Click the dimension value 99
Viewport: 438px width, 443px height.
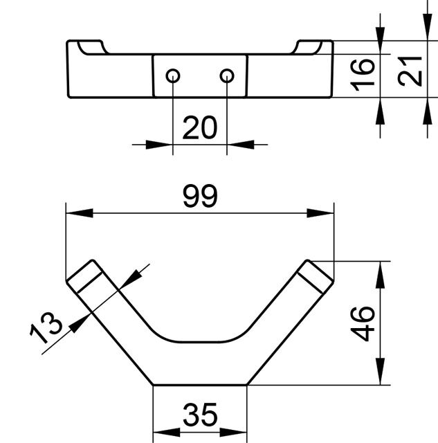[200, 196]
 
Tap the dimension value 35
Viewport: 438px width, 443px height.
[200, 415]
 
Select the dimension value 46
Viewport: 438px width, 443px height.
[363, 324]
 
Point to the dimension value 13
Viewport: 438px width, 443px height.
[46, 327]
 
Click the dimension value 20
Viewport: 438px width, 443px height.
[200, 127]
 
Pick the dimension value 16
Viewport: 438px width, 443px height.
[363, 75]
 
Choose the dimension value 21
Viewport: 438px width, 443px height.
[410, 71]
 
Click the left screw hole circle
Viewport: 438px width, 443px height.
[173, 75]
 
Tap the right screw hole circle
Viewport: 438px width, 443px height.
[227, 75]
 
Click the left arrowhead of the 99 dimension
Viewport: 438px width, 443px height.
[80, 213]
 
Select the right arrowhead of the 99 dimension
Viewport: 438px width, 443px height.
[320, 213]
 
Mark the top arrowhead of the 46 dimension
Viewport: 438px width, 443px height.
[381, 275]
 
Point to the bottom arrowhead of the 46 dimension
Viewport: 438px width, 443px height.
[381, 371]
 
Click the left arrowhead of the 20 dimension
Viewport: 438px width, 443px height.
[159, 145]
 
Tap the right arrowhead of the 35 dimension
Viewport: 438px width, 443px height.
[233, 432]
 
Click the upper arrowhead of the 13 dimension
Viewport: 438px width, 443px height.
[131, 279]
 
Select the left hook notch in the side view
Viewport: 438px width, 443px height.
[93, 48]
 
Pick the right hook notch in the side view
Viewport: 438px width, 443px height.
[307, 48]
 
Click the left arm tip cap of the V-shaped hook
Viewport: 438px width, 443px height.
[84, 275]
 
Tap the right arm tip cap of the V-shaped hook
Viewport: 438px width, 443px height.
[316, 276]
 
